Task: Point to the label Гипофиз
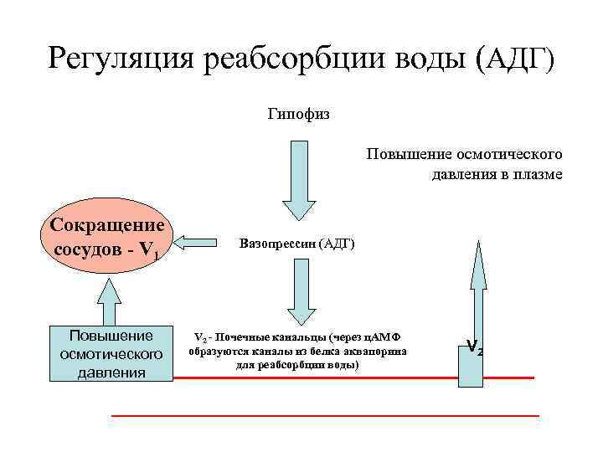tap(299, 113)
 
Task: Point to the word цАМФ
tap(384, 337)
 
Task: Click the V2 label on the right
tap(474, 346)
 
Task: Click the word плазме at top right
tap(540, 174)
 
